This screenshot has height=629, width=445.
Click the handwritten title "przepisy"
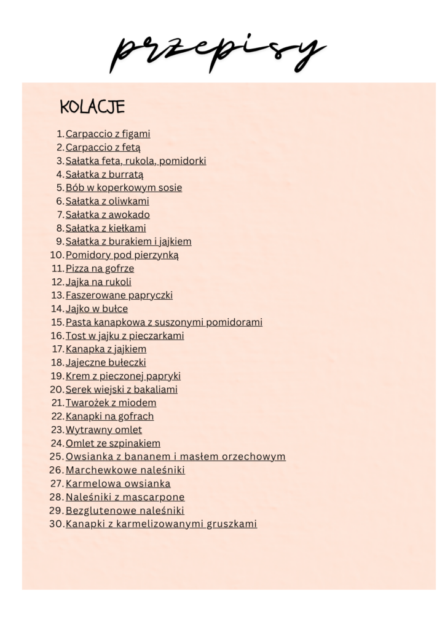coord(218,49)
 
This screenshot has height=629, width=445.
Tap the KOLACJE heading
coord(92,107)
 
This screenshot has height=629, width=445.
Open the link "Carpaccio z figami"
coord(108,134)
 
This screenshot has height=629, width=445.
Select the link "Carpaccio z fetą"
coord(103,147)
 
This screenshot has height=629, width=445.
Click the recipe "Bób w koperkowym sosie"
coord(124,188)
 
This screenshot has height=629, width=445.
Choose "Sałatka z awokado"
coord(108,215)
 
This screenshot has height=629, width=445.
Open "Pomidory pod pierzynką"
coord(122,256)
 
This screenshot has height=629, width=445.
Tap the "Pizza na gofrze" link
coord(100,268)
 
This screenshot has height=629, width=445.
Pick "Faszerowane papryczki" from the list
coord(119,295)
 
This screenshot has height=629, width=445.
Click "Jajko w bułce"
coord(96,309)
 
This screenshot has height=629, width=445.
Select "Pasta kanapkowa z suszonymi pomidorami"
coord(164,322)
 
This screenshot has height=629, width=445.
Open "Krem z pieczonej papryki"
coord(123,376)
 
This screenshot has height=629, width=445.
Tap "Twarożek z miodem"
coord(111,403)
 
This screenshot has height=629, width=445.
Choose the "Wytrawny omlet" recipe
coord(103,430)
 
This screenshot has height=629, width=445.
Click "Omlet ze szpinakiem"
coord(112,443)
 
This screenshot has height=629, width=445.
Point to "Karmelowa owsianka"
coord(118,484)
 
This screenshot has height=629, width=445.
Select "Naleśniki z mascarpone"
coord(125,498)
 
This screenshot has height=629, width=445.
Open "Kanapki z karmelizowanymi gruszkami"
coord(161,525)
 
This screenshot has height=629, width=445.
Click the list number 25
coord(57,457)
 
